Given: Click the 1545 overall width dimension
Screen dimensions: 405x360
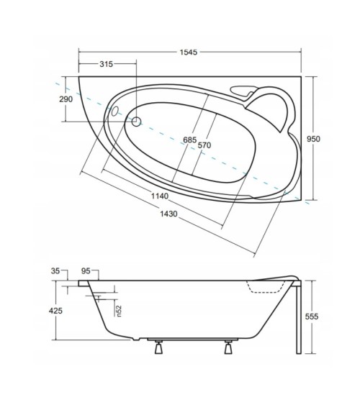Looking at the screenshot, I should [x=189, y=53].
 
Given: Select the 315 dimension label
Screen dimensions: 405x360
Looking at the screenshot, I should [x=106, y=65].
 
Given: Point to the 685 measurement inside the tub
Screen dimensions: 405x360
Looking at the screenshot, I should [x=189, y=139].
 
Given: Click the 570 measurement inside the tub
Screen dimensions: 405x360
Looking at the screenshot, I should [x=205, y=145].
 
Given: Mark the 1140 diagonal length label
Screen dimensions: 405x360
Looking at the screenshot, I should [x=160, y=196].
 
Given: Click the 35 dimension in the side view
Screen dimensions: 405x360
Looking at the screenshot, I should [x=58, y=271].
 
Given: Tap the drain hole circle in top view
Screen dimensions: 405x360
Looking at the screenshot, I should [x=138, y=122].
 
